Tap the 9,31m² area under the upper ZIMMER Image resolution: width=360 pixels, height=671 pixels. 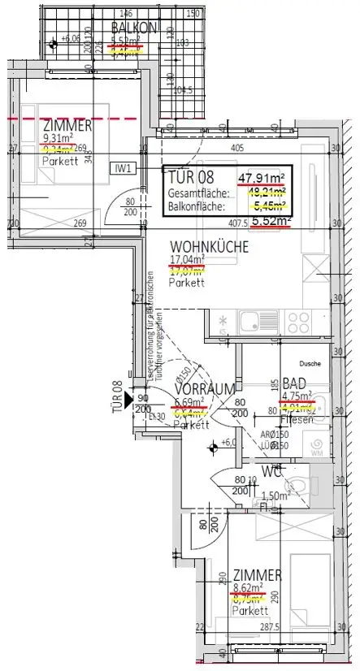pyautogui.click(x=56, y=138)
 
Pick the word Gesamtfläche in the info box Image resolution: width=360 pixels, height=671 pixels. pyautogui.click(x=197, y=193)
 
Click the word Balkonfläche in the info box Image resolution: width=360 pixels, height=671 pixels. pyautogui.click(x=196, y=206)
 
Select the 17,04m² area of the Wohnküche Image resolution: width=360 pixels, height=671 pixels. pyautogui.click(x=187, y=261)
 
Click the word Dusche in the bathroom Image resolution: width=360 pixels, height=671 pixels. pyautogui.click(x=310, y=365)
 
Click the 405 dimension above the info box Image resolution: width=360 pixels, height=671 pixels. pyautogui.click(x=236, y=149)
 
